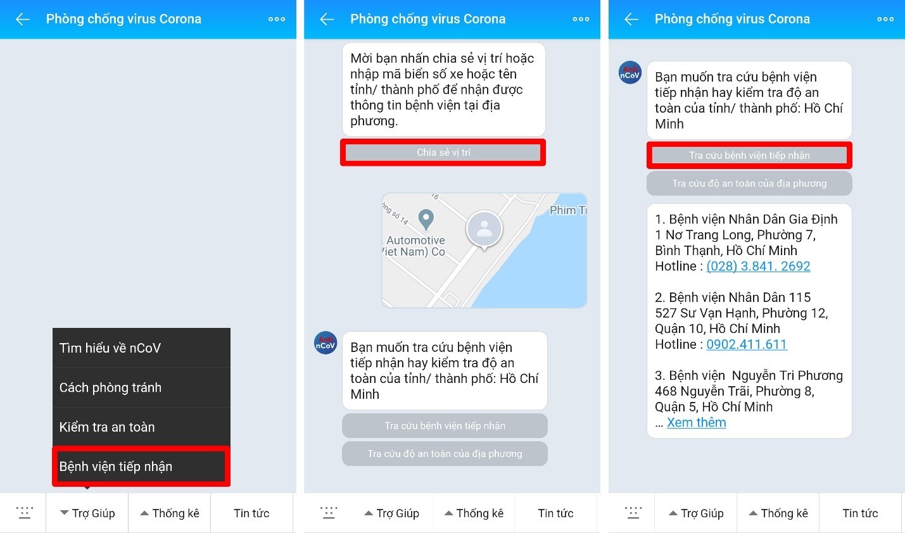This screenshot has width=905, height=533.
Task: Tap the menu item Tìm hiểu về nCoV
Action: (x=110, y=348)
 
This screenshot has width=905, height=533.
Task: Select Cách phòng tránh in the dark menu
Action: (x=110, y=387)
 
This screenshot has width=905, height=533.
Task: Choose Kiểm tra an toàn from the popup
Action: (x=107, y=427)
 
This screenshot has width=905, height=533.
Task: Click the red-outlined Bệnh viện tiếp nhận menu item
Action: (x=141, y=467)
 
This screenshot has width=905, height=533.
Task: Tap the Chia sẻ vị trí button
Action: (x=443, y=152)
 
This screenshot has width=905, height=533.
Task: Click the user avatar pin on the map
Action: (x=484, y=229)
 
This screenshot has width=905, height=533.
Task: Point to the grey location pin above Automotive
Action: (x=426, y=219)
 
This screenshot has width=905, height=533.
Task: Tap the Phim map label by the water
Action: (x=568, y=210)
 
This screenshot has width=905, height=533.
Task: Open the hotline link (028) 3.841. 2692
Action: (x=758, y=266)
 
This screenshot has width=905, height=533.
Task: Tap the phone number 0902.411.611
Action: (x=747, y=344)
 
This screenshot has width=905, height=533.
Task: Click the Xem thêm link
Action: (x=696, y=422)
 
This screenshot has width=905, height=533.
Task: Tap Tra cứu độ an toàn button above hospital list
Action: (x=749, y=184)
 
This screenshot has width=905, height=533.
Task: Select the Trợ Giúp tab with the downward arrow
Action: (x=87, y=513)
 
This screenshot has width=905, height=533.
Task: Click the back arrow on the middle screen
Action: (x=326, y=19)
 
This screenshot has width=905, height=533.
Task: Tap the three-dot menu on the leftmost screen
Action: (x=277, y=19)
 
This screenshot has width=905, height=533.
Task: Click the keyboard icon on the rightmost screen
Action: (x=633, y=513)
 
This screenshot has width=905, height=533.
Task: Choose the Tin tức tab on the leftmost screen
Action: (x=251, y=513)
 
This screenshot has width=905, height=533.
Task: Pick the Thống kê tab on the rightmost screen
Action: (x=778, y=513)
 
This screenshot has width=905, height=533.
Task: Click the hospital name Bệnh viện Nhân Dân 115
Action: (x=733, y=297)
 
